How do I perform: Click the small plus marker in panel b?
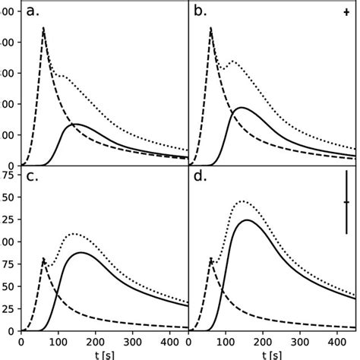point(346,13)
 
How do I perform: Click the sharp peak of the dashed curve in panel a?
point(44,27)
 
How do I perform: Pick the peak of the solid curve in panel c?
point(81,252)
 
